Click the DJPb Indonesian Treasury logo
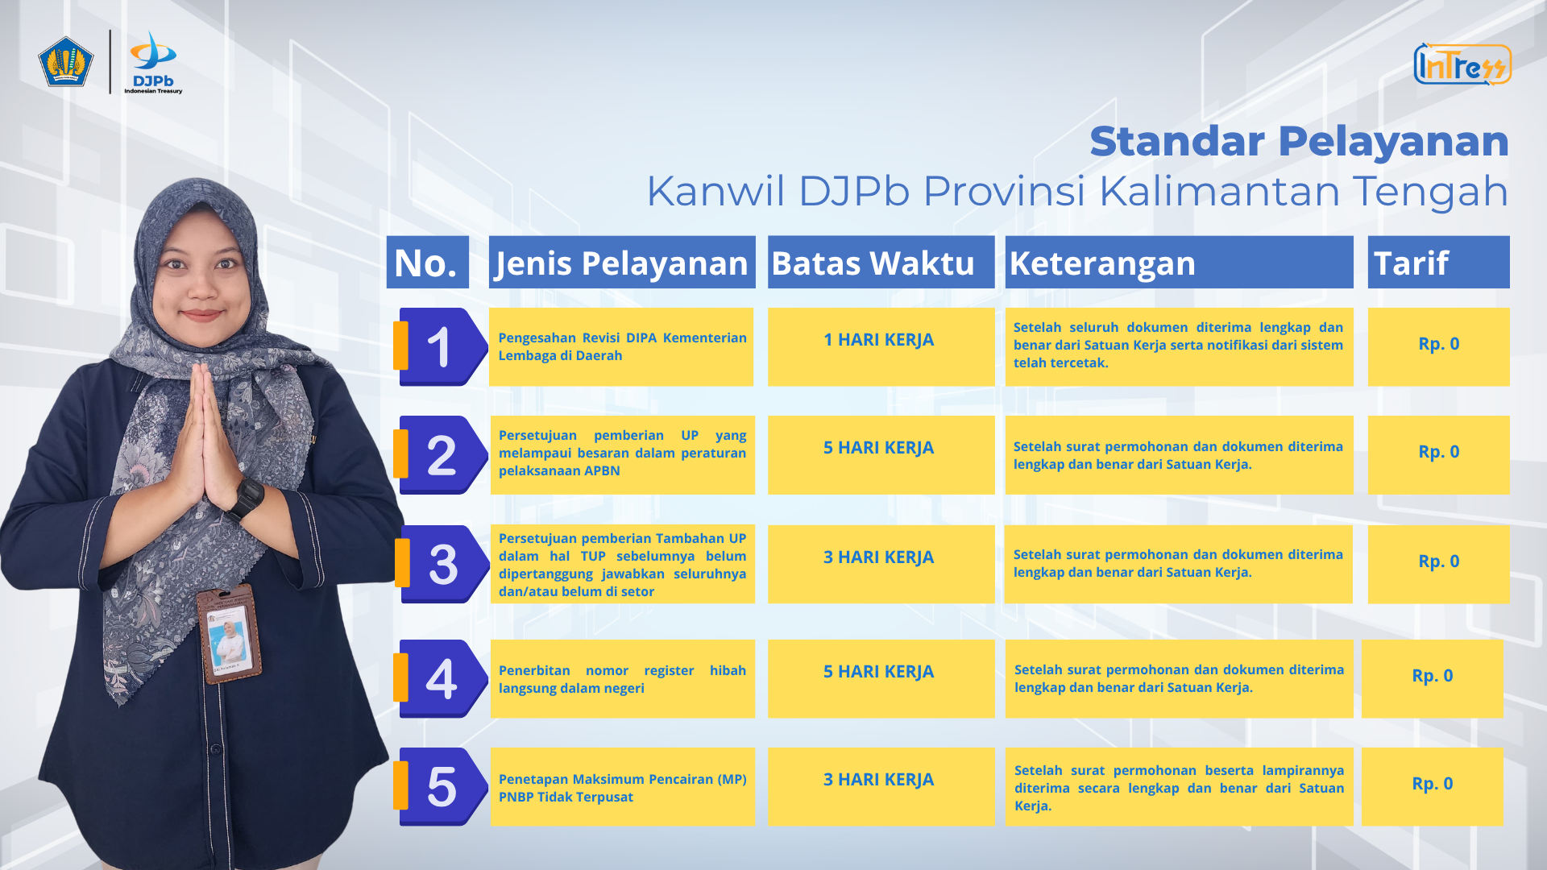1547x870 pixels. pos(153,63)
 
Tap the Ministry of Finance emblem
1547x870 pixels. pos(66,61)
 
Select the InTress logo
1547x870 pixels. pos(1462,64)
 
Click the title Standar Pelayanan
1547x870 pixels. pos(1299,141)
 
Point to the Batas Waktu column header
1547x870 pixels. pos(881,262)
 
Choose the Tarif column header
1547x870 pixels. pos(1438,262)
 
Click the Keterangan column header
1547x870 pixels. pos(1179,262)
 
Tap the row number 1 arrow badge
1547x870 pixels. pos(442,346)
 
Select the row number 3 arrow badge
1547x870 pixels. pos(442,564)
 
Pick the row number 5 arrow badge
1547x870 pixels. pos(442,786)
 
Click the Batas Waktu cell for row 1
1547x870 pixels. pos(881,346)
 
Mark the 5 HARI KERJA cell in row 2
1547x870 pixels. pos(881,454)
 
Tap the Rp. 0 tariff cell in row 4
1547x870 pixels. pos(1432,678)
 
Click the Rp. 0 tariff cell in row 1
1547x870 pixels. pos(1438,346)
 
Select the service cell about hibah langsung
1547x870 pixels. pos(622,678)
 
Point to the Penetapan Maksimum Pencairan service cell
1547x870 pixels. pos(622,786)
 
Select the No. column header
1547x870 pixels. pos(427,262)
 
